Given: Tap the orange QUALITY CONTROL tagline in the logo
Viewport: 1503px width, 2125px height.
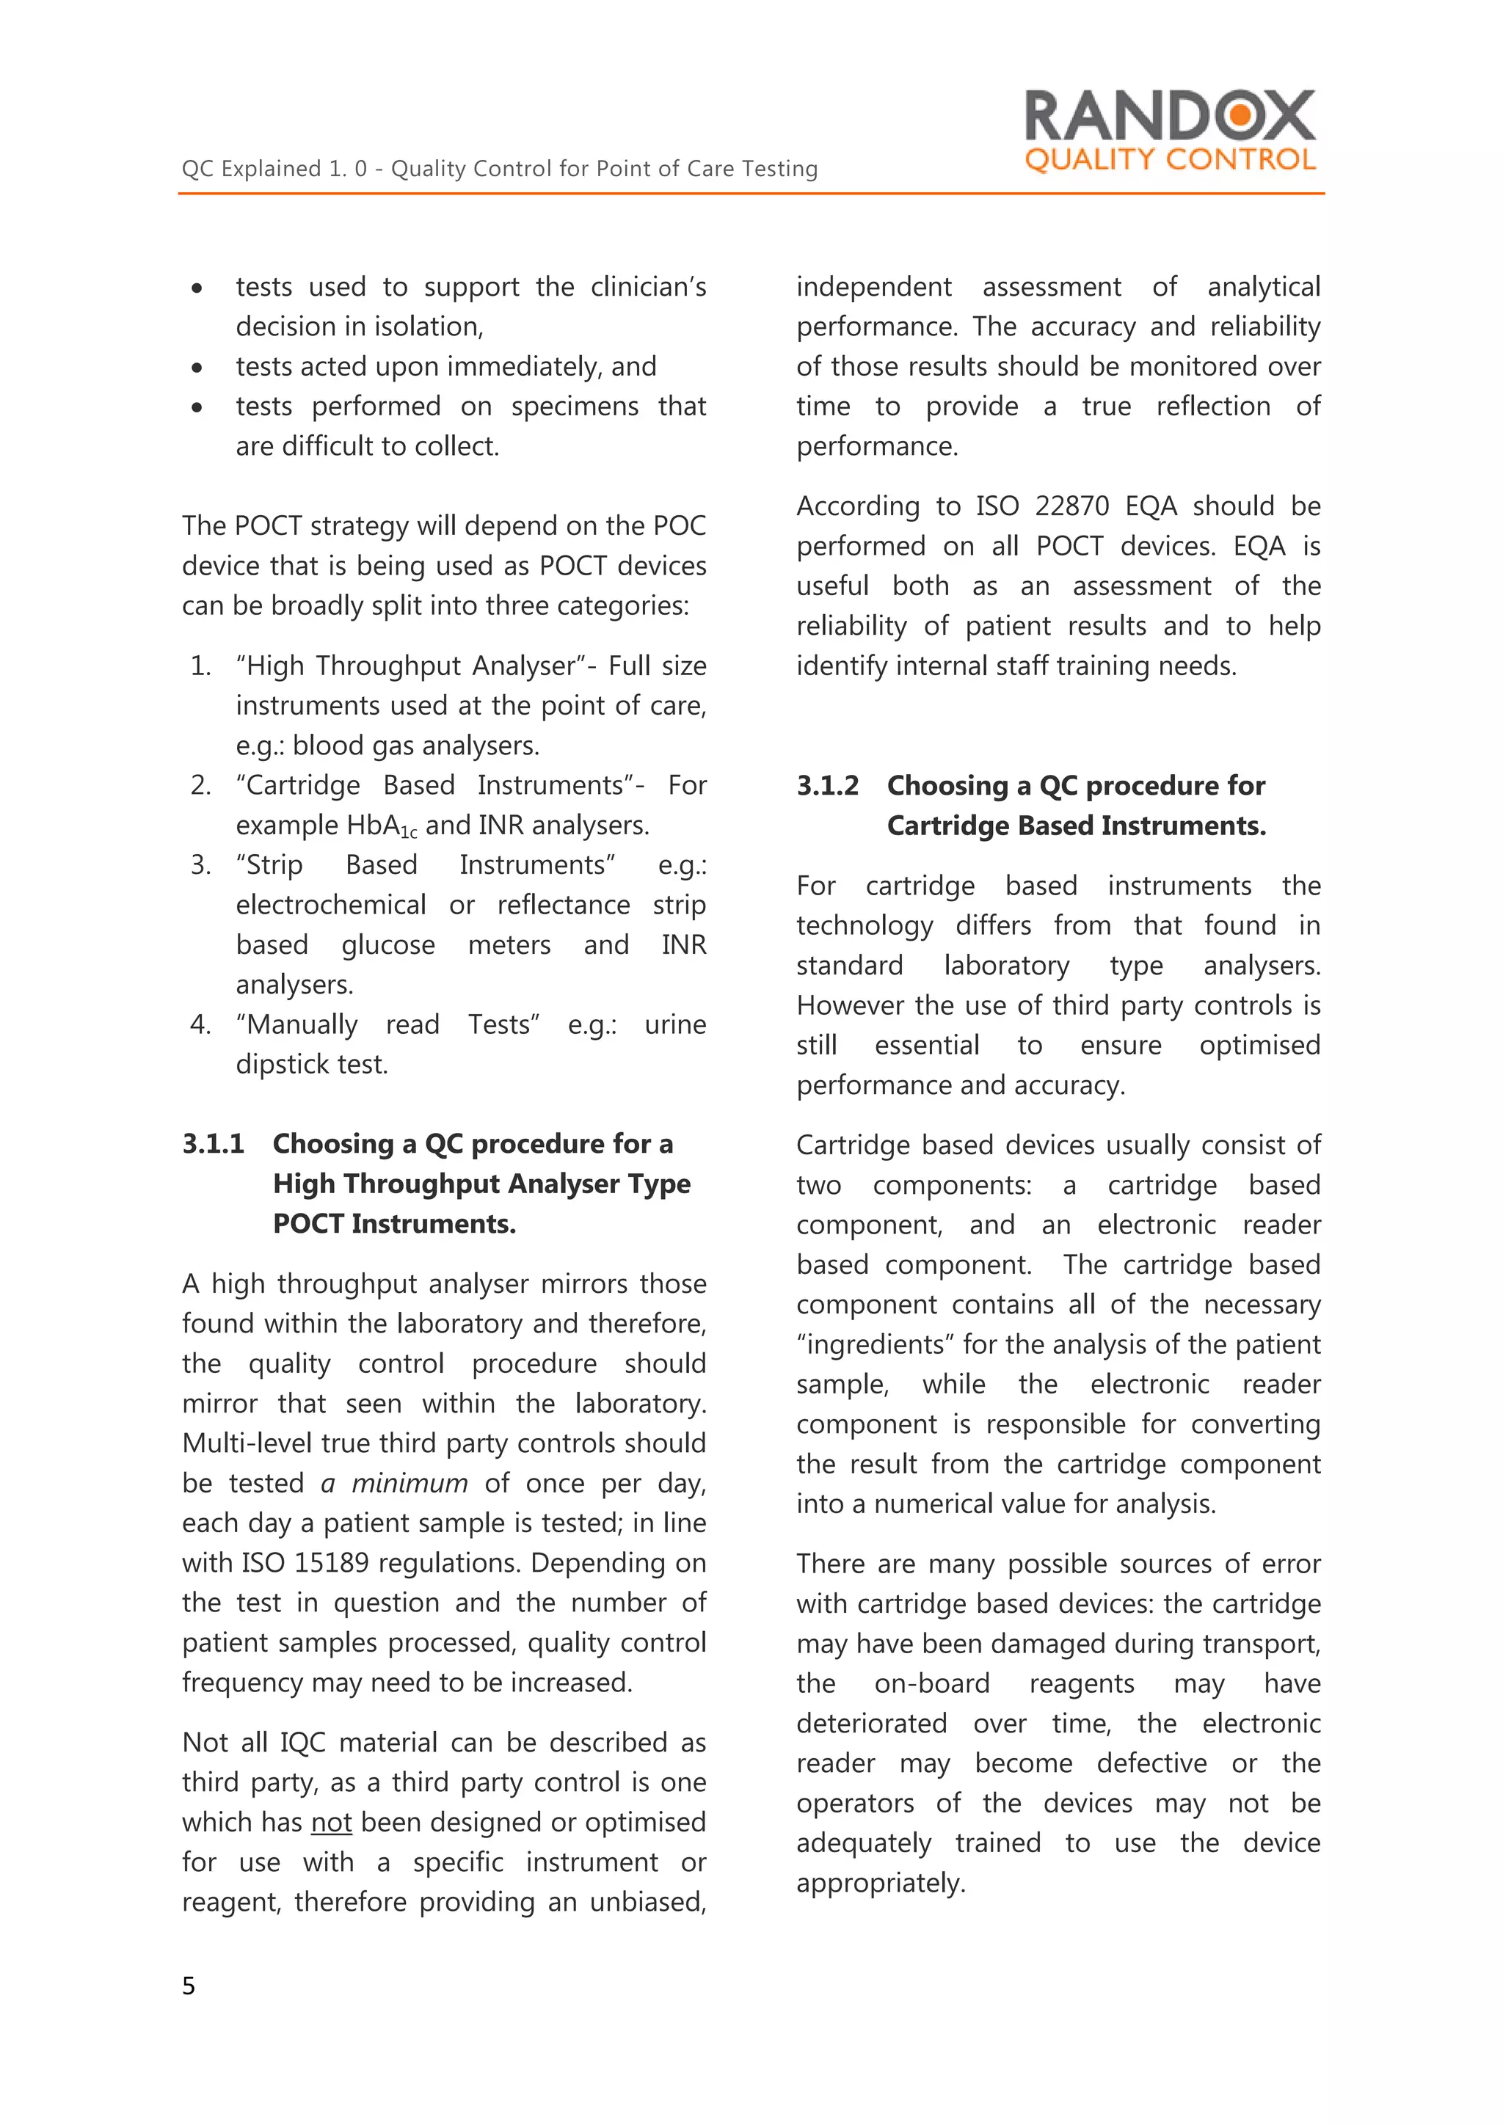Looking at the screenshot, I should [x=1170, y=159].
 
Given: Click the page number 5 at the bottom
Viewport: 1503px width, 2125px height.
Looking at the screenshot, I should [x=189, y=1986].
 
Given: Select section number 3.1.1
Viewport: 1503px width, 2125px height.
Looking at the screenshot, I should [x=213, y=1144].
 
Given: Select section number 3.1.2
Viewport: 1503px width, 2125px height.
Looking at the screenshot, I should [x=827, y=786].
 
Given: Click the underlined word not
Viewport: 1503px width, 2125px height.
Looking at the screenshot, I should [x=331, y=1823].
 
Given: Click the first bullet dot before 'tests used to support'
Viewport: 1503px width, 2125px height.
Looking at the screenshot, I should [x=196, y=289].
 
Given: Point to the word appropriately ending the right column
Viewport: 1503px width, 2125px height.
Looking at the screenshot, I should [x=880, y=1884].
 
